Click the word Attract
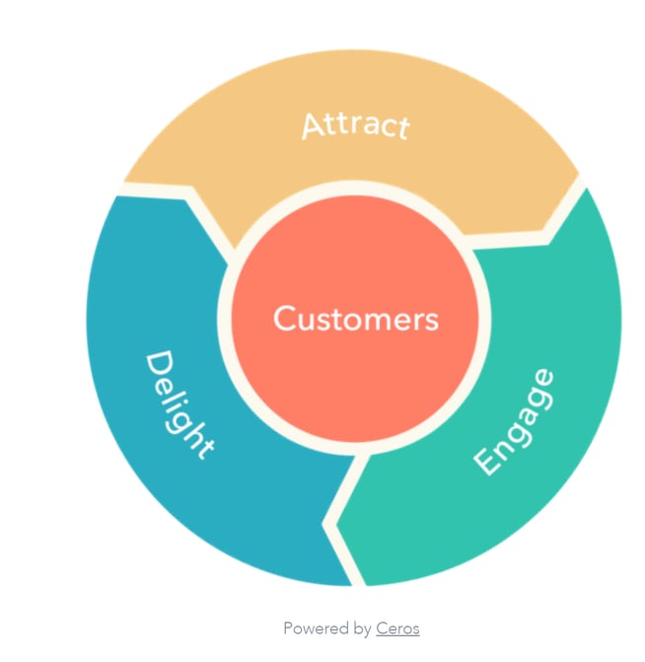pyautogui.click(x=354, y=125)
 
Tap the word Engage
pyautogui.click(x=513, y=421)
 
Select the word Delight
pyautogui.click(x=179, y=405)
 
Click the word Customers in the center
pyautogui.click(x=355, y=319)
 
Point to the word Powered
pyautogui.click(x=315, y=628)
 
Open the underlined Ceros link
pyautogui.click(x=397, y=628)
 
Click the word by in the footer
pyautogui.click(x=361, y=629)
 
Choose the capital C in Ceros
pyautogui.click(x=382, y=628)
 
